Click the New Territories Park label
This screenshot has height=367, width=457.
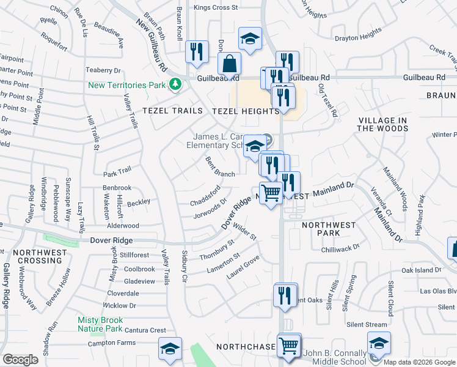(x=127, y=85)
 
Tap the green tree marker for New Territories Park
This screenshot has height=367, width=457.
(x=176, y=83)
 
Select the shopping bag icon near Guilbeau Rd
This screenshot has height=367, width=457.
(x=229, y=63)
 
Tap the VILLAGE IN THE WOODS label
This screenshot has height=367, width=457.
(x=383, y=124)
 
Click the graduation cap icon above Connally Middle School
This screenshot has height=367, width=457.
(x=379, y=343)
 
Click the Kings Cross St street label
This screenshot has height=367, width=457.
(x=215, y=7)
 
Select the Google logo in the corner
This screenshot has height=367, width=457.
(x=21, y=360)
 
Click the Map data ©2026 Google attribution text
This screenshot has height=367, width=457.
(x=419, y=362)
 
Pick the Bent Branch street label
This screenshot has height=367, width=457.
(x=220, y=166)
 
